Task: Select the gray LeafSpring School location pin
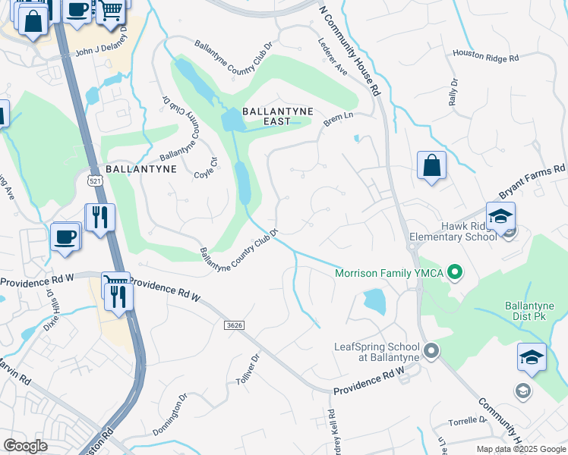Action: pyautogui.click(x=431, y=350)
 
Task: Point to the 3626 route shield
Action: pyautogui.click(x=235, y=325)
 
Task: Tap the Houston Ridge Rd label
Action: pyautogui.click(x=485, y=55)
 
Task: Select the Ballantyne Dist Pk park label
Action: pyautogui.click(x=530, y=311)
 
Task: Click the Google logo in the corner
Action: pyautogui.click(x=25, y=446)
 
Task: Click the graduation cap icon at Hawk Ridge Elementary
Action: pyautogui.click(x=500, y=217)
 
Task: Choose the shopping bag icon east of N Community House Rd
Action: pyautogui.click(x=431, y=165)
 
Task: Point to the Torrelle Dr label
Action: pyautogui.click(x=467, y=419)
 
